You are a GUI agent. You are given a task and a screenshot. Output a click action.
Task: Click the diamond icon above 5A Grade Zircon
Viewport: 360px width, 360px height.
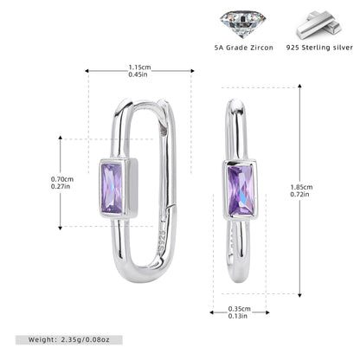click(243, 24)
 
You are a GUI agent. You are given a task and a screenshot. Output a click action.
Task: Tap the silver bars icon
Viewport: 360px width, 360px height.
click(319, 25)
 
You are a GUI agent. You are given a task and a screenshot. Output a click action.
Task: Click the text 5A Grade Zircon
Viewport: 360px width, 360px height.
click(244, 48)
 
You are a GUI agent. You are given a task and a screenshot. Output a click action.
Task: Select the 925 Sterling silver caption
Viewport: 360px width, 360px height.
click(319, 48)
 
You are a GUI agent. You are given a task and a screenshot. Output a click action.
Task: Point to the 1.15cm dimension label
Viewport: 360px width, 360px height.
click(139, 67)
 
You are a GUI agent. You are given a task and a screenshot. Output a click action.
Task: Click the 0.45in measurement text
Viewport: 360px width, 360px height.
click(138, 74)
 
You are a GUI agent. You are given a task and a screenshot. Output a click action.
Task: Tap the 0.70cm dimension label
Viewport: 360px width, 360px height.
click(62, 179)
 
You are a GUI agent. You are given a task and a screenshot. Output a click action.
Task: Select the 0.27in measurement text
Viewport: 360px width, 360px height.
click(61, 186)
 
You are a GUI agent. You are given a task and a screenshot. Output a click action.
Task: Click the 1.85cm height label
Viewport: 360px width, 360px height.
click(301, 187)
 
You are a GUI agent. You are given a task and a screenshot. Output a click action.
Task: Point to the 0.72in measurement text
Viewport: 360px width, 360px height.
click(299, 194)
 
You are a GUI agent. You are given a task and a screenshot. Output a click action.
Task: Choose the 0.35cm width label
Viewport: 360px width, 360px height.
click(240, 309)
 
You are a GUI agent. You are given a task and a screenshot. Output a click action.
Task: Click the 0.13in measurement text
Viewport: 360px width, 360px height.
click(238, 316)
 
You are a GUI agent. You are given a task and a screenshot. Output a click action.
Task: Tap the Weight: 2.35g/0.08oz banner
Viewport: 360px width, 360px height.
click(69, 340)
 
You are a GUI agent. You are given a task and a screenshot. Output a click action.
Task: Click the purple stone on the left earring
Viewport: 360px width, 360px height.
click(112, 188)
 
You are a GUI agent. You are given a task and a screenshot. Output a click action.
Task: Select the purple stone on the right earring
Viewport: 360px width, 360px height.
click(241, 190)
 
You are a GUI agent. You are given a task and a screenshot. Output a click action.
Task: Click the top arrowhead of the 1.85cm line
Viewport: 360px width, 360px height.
click(300, 86)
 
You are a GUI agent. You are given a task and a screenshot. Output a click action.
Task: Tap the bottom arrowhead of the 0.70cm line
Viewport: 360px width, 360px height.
click(61, 228)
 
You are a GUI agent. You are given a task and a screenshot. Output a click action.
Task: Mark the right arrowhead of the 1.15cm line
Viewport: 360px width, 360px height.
click(192, 71)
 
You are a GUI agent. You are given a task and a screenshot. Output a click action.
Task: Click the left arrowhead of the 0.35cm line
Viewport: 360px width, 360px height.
click(212, 312)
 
